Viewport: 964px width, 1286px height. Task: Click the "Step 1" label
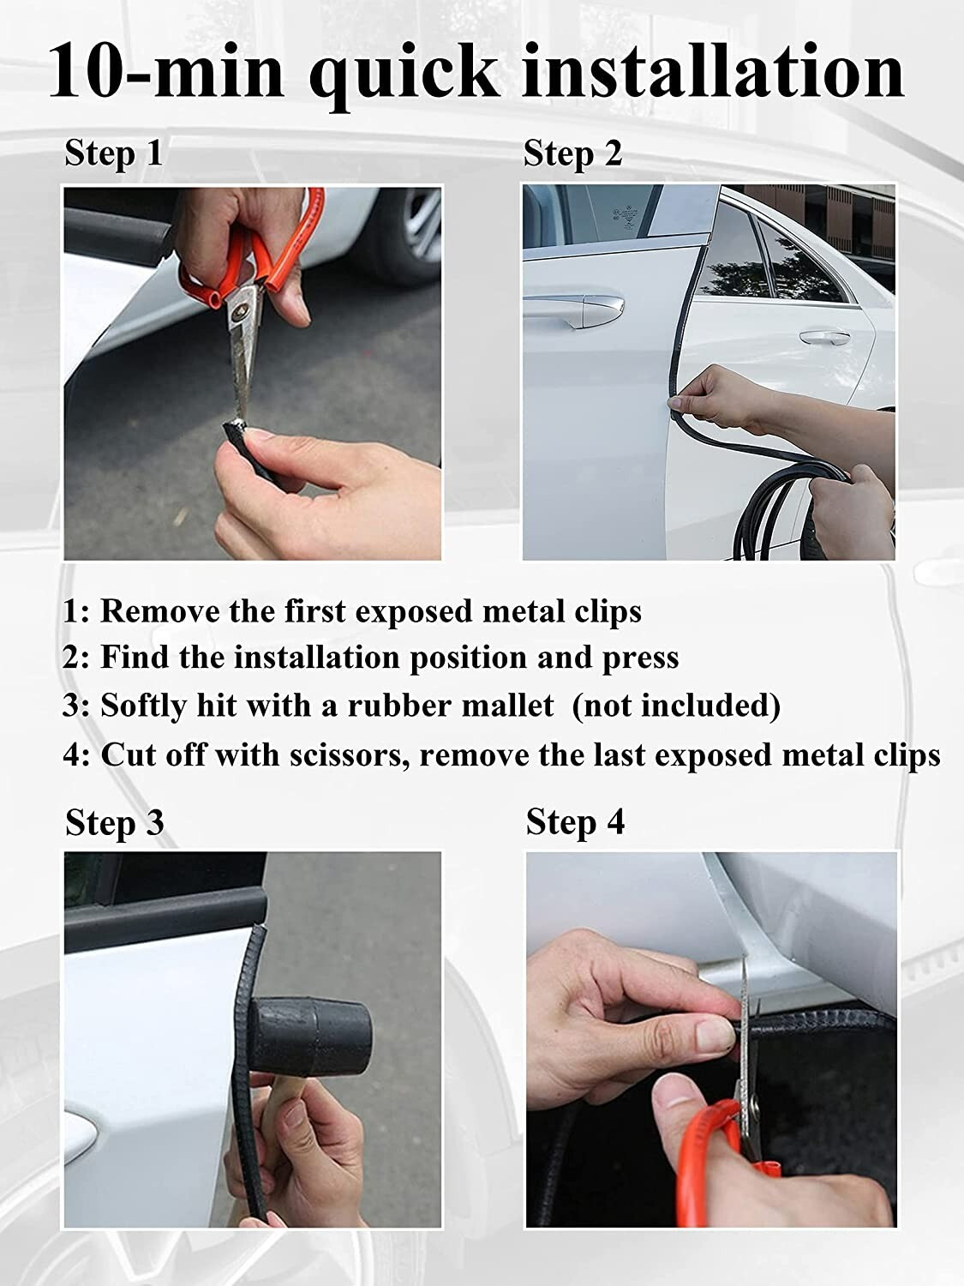[113, 153]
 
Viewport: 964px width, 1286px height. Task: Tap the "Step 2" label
[572, 153]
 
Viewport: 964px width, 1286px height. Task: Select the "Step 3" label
[114, 822]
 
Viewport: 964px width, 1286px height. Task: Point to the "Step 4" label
[575, 821]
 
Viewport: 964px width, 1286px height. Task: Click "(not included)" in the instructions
[676, 706]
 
